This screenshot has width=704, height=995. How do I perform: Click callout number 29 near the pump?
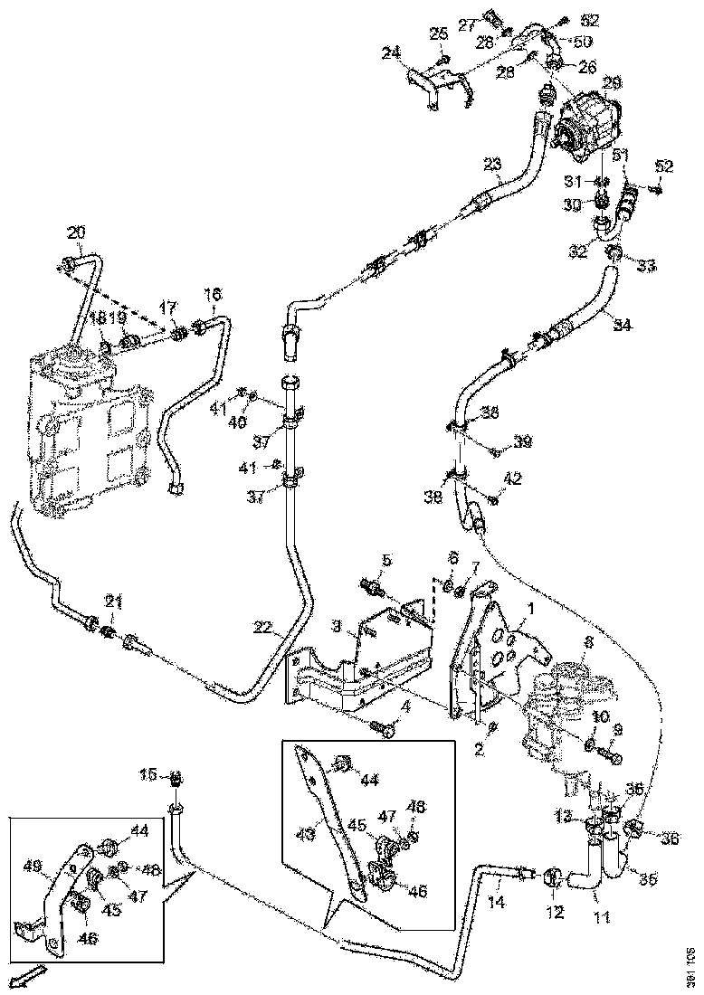(613, 83)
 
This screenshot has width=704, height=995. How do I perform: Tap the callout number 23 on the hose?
(492, 164)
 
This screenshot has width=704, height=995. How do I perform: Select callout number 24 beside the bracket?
(391, 53)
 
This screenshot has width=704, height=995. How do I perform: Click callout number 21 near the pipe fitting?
(113, 601)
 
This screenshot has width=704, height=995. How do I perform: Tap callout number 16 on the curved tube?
(212, 295)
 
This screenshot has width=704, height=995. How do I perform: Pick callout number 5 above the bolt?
(387, 562)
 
